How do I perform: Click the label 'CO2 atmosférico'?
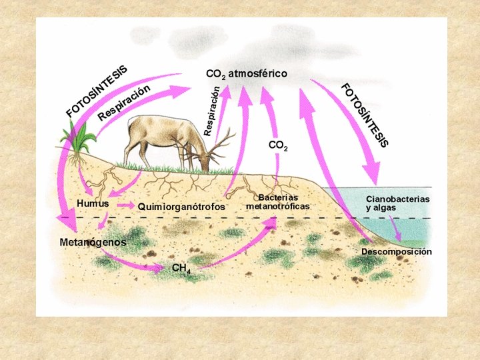click(247, 73)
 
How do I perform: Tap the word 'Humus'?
click(93, 203)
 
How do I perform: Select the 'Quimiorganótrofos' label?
click(181, 207)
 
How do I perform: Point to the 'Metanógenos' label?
click(93, 242)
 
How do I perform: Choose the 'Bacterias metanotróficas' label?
click(278, 202)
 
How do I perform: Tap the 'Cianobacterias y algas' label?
click(397, 203)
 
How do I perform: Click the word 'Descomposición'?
click(397, 252)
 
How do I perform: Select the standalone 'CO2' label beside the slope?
click(278, 145)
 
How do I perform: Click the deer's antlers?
click(217, 143)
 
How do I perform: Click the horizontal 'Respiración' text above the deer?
click(123, 103)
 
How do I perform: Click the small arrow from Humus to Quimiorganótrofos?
click(125, 205)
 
